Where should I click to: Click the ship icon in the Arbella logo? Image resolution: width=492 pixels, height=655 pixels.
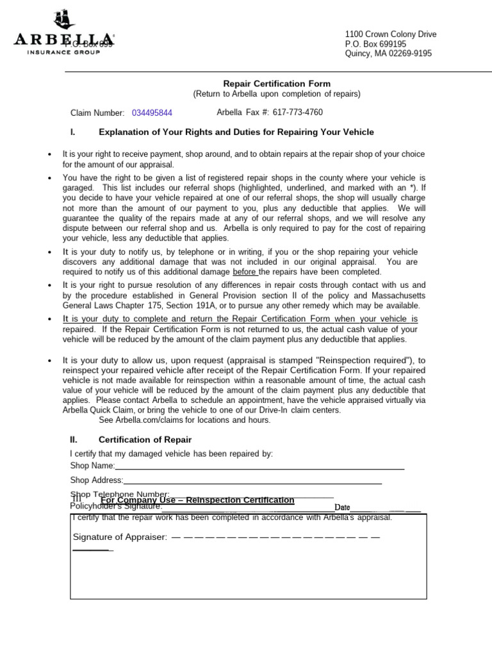pyautogui.click(x=65, y=20)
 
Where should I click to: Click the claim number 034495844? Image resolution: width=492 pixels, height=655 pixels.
pyautogui.click(x=152, y=113)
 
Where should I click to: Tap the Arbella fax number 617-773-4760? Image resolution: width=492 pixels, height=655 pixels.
pyautogui.click(x=297, y=113)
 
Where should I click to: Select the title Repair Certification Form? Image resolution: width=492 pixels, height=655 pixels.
pyautogui.click(x=277, y=84)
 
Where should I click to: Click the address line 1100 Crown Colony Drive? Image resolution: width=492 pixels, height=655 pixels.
pyautogui.click(x=391, y=35)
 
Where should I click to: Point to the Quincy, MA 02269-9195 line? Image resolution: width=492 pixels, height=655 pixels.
pyautogui.click(x=388, y=54)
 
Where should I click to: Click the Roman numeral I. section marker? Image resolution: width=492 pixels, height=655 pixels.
pyautogui.click(x=73, y=132)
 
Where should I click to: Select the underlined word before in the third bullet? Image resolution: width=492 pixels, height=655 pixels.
pyautogui.click(x=245, y=272)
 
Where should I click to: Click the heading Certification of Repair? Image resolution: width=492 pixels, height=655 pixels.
pyautogui.click(x=145, y=440)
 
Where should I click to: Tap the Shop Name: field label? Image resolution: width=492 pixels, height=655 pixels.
pyautogui.click(x=92, y=466)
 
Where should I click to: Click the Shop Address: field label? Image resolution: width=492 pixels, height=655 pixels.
pyautogui.click(x=96, y=480)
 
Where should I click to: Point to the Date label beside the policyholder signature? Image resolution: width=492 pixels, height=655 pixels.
pyautogui.click(x=342, y=507)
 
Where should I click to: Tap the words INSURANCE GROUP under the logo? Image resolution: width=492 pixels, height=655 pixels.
pyautogui.click(x=63, y=52)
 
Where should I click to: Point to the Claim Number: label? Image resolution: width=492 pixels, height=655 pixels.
pyautogui.click(x=97, y=113)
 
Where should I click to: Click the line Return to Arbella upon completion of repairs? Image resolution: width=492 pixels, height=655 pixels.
pyautogui.click(x=277, y=94)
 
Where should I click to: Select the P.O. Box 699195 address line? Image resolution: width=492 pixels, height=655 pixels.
pyautogui.click(x=375, y=44)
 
